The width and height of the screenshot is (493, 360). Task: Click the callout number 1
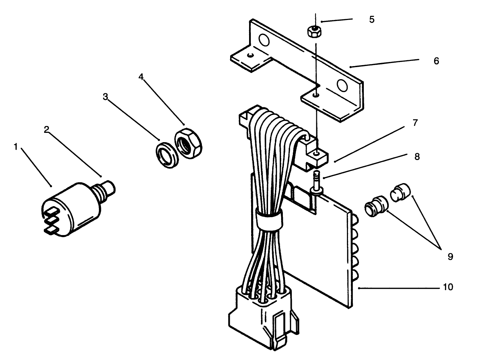15,147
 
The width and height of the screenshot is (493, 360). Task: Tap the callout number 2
47,129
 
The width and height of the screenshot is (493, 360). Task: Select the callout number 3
105,97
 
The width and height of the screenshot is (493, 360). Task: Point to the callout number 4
141,76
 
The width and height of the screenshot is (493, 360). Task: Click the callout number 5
371,20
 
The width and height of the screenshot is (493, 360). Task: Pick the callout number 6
436,61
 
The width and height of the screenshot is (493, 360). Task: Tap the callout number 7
415,123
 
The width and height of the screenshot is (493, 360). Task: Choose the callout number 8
417,157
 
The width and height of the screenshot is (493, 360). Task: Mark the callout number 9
450,256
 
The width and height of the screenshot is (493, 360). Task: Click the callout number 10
448,287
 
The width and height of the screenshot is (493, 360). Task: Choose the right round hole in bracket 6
342,85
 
